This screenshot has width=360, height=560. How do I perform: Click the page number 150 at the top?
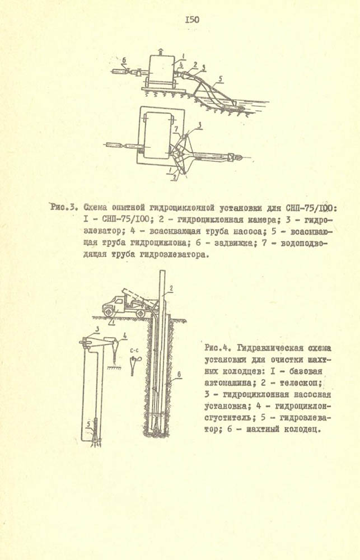(x=191, y=20)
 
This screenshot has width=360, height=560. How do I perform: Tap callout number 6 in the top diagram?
(x=124, y=59)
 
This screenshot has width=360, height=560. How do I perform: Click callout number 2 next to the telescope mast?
(x=172, y=288)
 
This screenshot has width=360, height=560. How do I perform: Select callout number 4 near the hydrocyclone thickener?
(x=124, y=336)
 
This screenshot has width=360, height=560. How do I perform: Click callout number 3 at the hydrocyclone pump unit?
(x=97, y=329)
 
